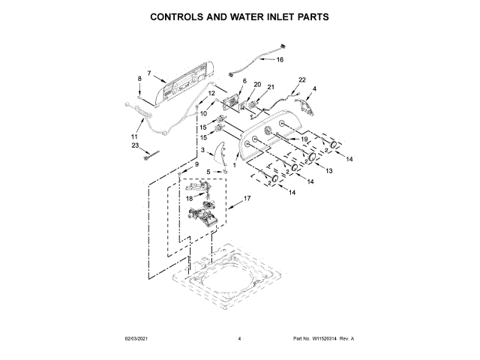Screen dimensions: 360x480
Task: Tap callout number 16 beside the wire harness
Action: [x=280, y=59]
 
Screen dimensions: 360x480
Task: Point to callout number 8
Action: [x=139, y=79]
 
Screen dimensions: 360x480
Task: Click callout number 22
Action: [x=302, y=79]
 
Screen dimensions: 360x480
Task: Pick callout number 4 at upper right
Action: [x=314, y=89]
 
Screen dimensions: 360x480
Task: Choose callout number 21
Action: [x=271, y=87]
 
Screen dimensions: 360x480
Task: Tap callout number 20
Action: [x=256, y=85]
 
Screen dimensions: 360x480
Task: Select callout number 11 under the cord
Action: [x=134, y=137]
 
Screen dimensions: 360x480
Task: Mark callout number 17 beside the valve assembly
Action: [x=247, y=199]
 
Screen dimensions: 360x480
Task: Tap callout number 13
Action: [x=328, y=171]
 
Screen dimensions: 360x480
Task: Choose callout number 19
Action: [x=305, y=139]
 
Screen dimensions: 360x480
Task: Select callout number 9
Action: [x=197, y=164]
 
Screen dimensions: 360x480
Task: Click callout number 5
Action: [x=208, y=172]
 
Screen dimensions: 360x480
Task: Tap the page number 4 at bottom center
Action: [x=239, y=339]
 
